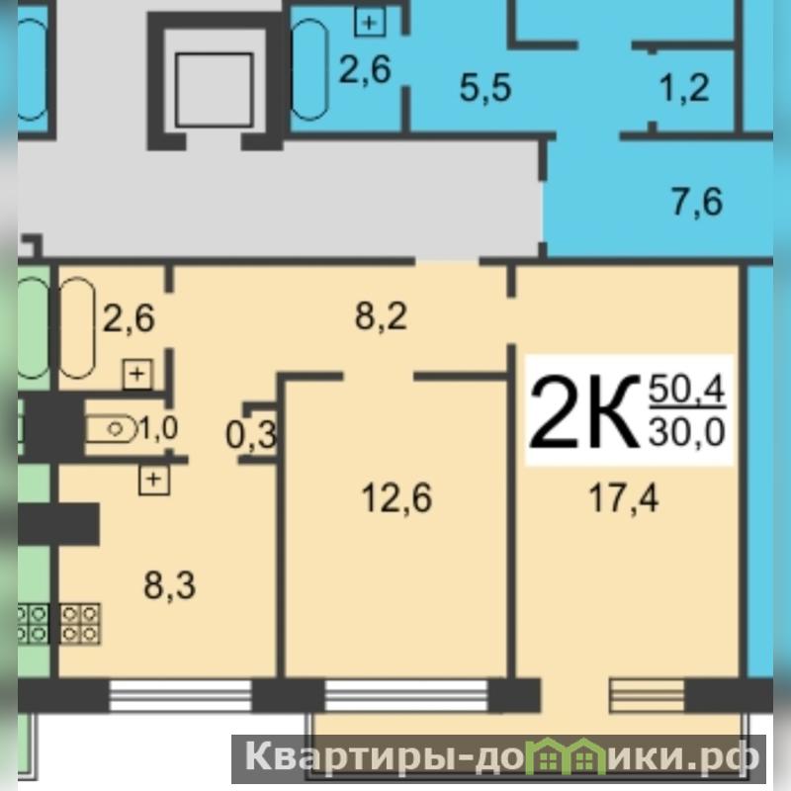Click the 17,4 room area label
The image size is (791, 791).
pyautogui.click(x=624, y=498)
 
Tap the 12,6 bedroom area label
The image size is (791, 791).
pyautogui.click(x=397, y=498)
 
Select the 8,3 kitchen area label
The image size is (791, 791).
pyautogui.click(x=169, y=585)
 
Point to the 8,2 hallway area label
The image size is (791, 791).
pyautogui.click(x=381, y=316)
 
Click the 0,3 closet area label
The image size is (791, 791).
pyautogui.click(x=251, y=435)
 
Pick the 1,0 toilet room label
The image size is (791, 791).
pyautogui.click(x=158, y=429)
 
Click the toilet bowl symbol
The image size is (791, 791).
pyautogui.click(x=112, y=430)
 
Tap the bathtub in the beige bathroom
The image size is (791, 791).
pyautogui.click(x=77, y=328)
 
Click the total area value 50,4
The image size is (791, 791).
pyautogui.click(x=687, y=390)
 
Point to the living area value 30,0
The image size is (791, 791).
pyautogui.click(x=687, y=432)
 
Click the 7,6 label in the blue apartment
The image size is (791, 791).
pyautogui.click(x=697, y=202)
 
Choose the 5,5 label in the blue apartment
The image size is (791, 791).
pyautogui.click(x=485, y=87)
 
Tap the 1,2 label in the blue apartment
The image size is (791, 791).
pyautogui.click(x=684, y=87)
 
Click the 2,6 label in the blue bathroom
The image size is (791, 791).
pyautogui.click(x=365, y=69)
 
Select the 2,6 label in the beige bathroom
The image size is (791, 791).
pyautogui.click(x=129, y=318)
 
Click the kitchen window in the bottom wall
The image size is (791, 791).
pyautogui.click(x=180, y=695)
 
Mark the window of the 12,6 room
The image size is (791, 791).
pyautogui.click(x=406, y=695)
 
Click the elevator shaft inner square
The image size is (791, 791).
pyautogui.click(x=214, y=90)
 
